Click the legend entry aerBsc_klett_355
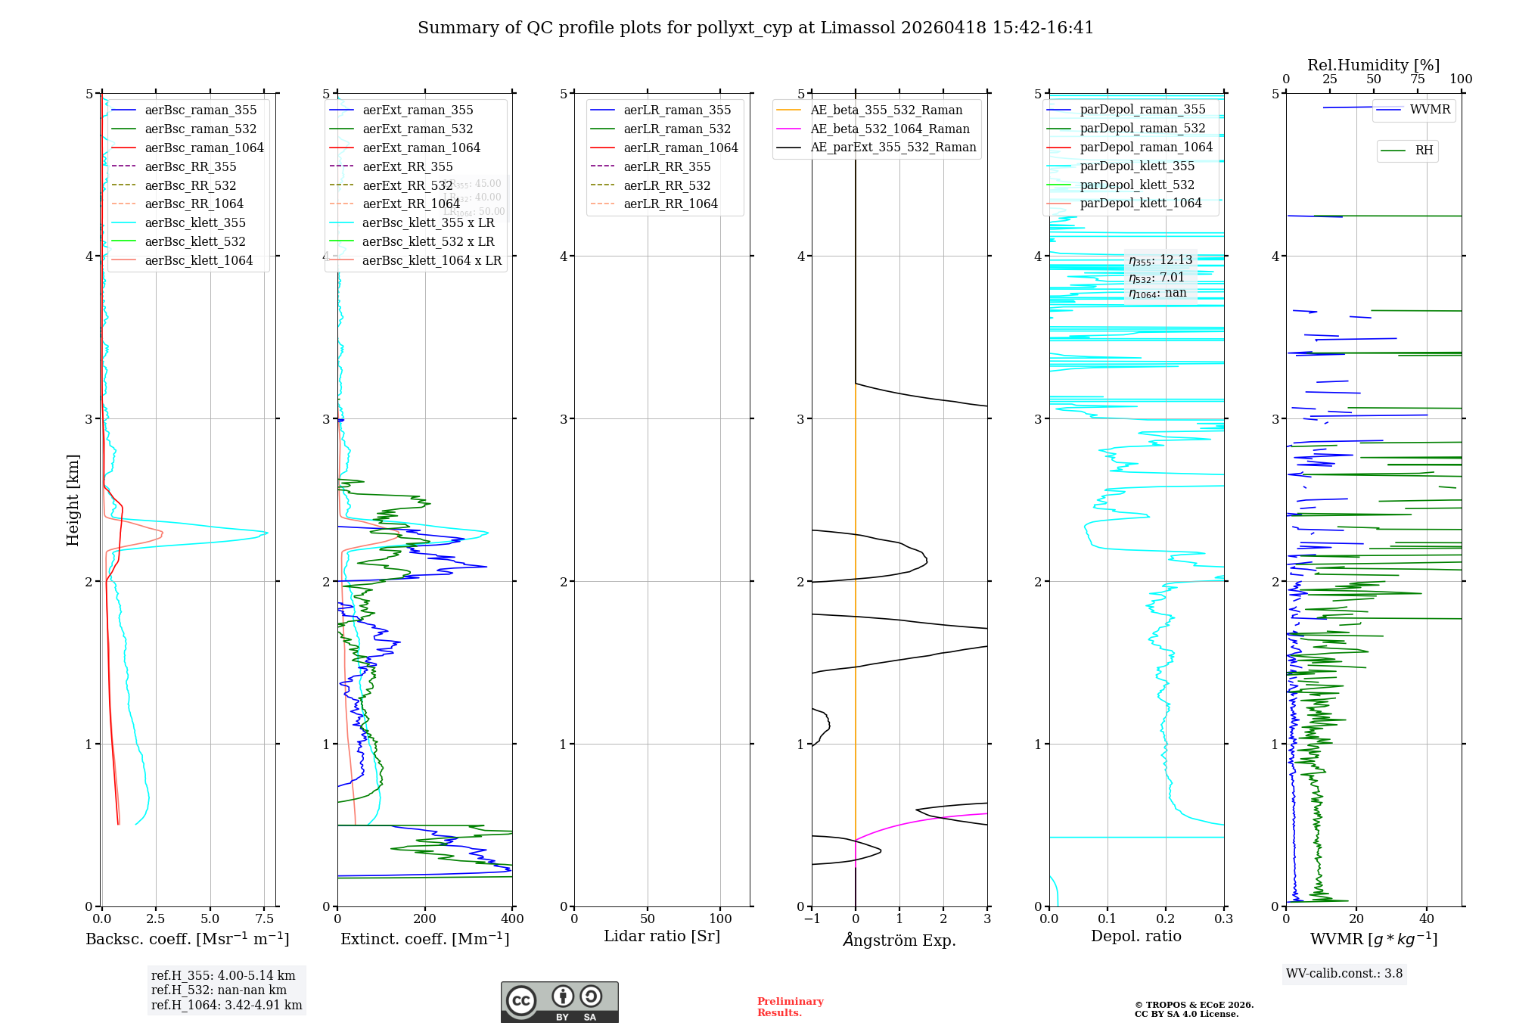coord(194,223)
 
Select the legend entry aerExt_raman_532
coord(417,129)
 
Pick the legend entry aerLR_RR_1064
coord(670,204)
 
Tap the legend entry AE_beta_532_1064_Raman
coord(890,129)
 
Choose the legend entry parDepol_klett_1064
coord(1140,204)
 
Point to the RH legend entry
coord(1424,151)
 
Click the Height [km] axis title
coord(73,500)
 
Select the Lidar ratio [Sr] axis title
coord(662,937)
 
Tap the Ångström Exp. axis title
coord(899,940)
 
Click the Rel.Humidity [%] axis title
coord(1373,65)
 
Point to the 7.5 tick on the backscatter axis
coord(265,919)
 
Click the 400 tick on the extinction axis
coord(512,919)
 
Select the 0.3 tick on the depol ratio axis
coord(1223,919)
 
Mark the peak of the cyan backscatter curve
coord(267,533)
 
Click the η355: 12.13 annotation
coord(1160,260)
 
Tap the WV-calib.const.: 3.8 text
coord(1344,974)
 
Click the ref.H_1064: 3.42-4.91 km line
coord(226,1006)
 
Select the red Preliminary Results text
coord(790,1007)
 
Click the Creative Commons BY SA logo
coord(559,1003)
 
